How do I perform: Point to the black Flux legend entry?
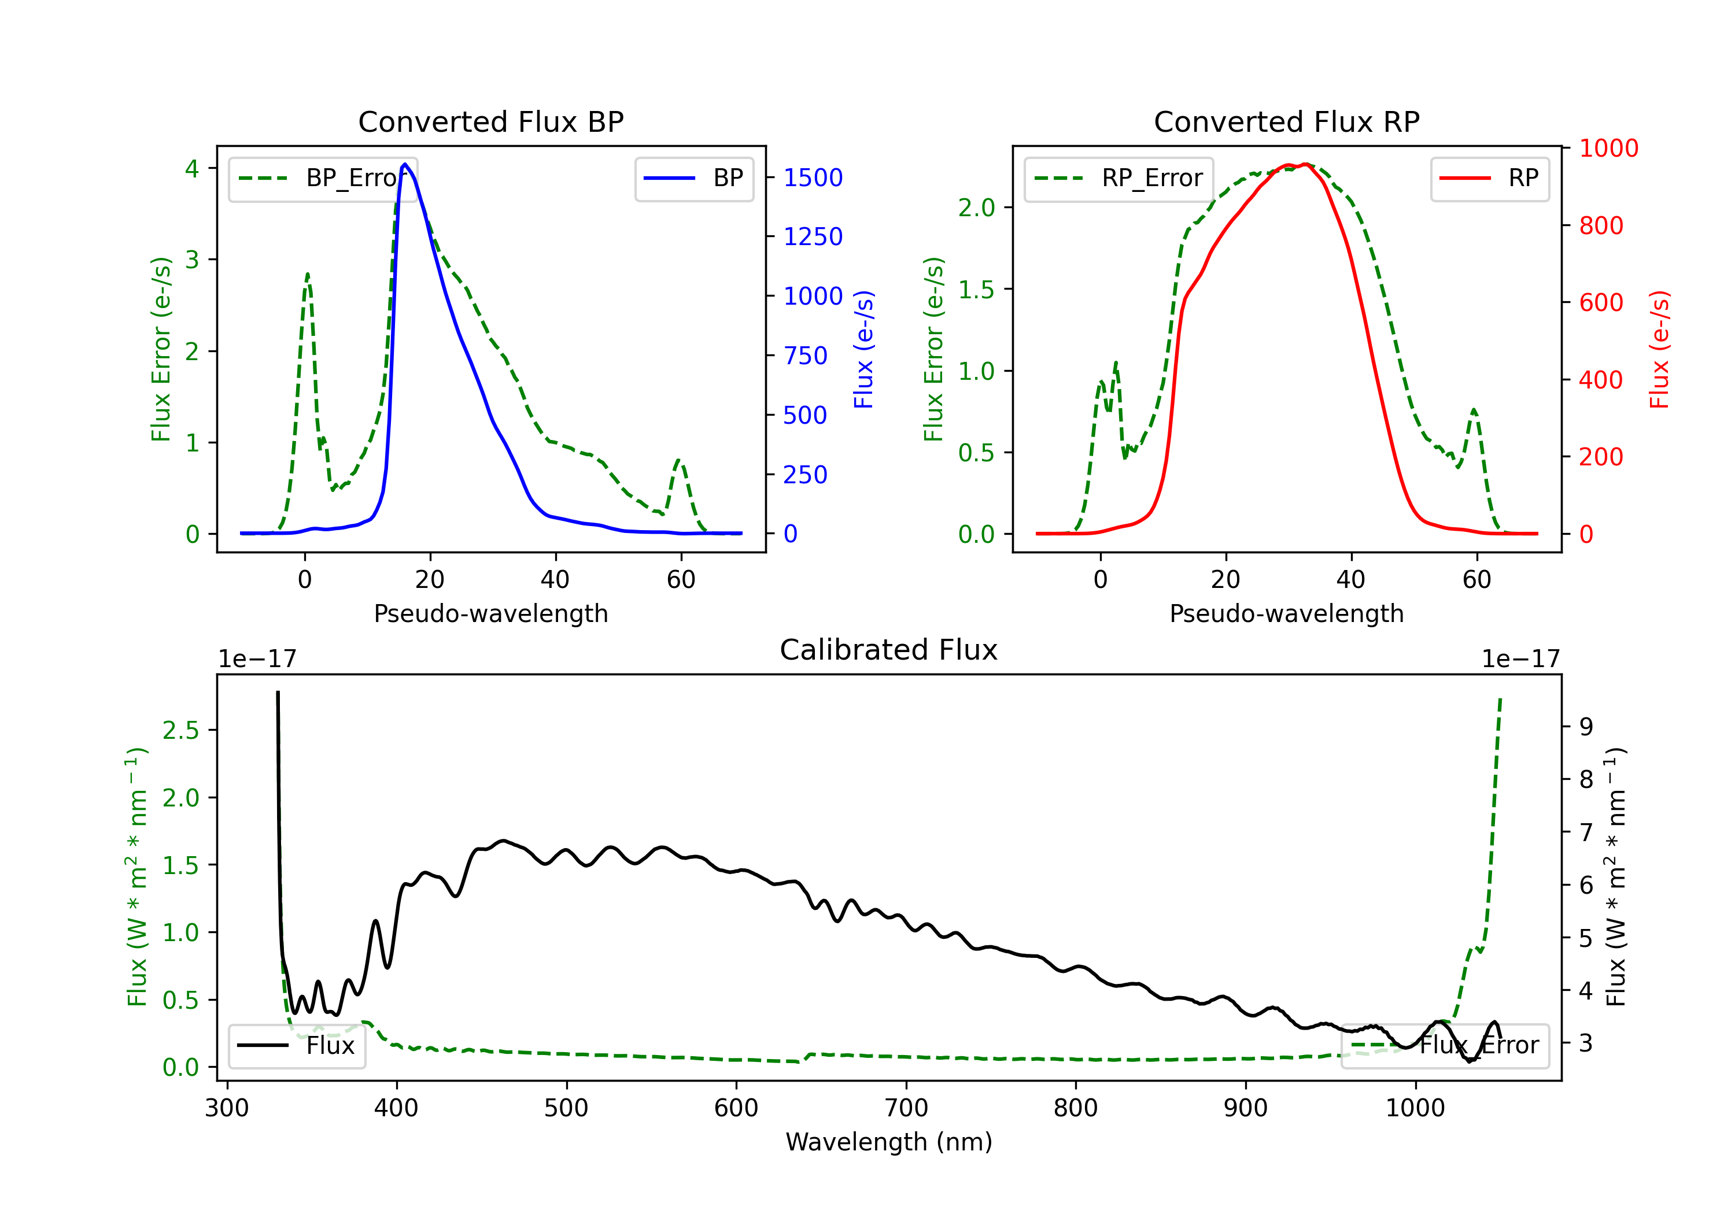pos(297,1046)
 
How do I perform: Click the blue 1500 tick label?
pos(813,178)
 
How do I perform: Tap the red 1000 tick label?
pos(1608,149)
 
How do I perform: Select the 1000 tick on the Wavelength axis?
pos(1415,1108)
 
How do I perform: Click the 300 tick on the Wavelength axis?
pos(227,1108)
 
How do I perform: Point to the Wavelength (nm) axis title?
pos(889,1142)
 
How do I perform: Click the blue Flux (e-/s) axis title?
pos(863,350)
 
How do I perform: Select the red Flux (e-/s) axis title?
pos(1659,350)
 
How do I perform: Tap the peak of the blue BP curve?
pos(405,164)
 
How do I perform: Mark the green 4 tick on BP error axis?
pos(193,168)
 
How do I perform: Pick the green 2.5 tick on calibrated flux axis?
pos(180,731)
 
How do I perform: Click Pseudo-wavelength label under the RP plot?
pos(1286,613)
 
